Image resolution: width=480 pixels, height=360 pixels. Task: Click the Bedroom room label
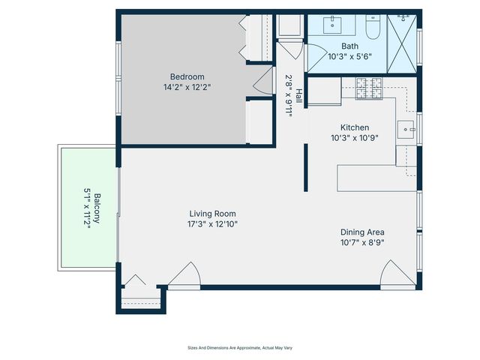(x=187, y=76)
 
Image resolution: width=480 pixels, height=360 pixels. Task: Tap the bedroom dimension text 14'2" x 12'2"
(x=187, y=87)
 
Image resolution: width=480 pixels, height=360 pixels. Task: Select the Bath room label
(x=349, y=46)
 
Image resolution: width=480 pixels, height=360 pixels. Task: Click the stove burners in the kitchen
(x=369, y=88)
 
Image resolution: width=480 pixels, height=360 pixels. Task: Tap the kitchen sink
(x=407, y=128)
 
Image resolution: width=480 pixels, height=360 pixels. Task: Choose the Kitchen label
(x=354, y=127)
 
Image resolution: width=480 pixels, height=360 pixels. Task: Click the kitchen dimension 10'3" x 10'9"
(x=354, y=138)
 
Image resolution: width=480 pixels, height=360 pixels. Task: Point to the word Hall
(x=298, y=95)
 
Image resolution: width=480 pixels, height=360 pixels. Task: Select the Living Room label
(x=212, y=213)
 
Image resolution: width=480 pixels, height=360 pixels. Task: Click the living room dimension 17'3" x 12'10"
(x=212, y=223)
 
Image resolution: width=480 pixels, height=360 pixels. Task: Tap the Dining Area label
(x=363, y=232)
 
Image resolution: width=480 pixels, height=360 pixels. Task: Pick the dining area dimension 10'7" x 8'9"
(x=363, y=242)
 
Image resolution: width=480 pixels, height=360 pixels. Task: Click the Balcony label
(x=97, y=210)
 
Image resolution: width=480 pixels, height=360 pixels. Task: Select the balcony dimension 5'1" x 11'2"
(x=86, y=210)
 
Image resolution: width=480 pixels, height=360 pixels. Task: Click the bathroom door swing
(x=315, y=54)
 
